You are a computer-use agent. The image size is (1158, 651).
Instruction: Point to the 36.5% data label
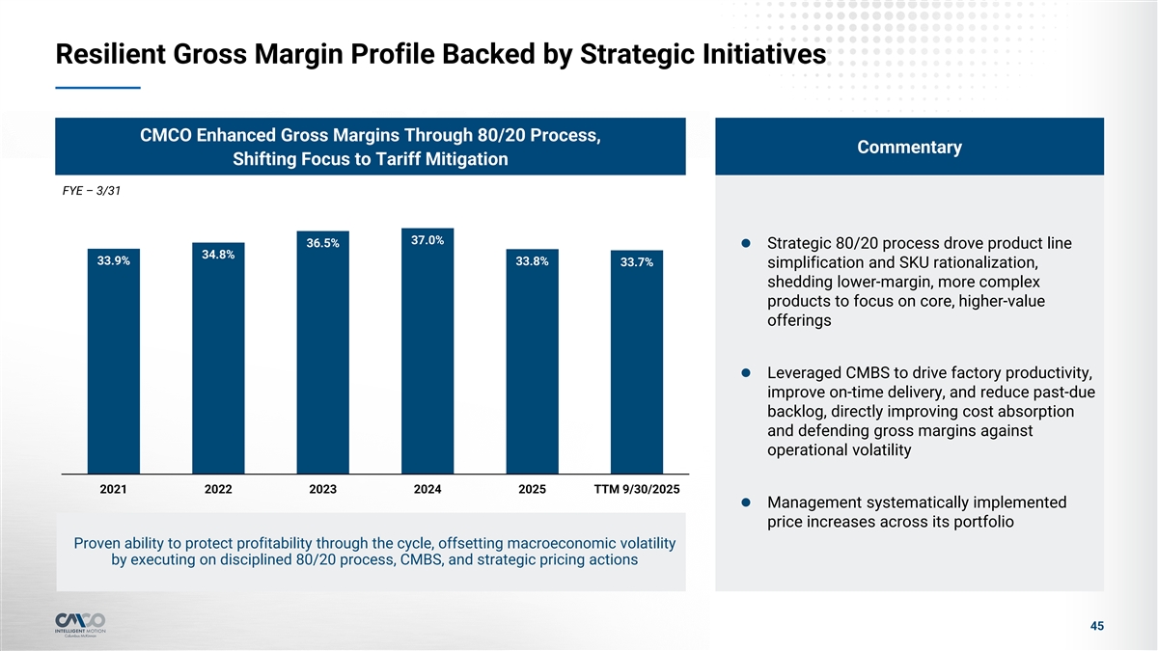tap(322, 243)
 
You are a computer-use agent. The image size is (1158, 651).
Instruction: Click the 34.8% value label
tap(218, 255)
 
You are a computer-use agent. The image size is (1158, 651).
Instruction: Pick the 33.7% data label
tap(637, 262)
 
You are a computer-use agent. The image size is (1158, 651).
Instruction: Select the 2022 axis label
tap(218, 489)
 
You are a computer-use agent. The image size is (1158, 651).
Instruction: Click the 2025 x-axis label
tap(532, 489)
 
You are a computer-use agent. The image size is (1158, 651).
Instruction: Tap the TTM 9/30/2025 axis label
tap(636, 489)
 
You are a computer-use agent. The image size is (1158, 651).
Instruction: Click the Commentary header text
tap(909, 147)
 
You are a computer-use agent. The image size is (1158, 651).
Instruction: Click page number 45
tap(1096, 627)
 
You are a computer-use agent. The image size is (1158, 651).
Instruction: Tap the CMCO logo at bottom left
tap(81, 621)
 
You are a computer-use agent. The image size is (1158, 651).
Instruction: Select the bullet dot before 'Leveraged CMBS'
tap(747, 372)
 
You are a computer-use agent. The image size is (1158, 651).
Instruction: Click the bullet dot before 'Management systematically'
tap(747, 502)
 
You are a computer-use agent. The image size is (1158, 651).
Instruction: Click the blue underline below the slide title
tap(98, 88)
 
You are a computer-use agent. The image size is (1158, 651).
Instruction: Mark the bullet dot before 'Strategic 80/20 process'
tap(747, 242)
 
